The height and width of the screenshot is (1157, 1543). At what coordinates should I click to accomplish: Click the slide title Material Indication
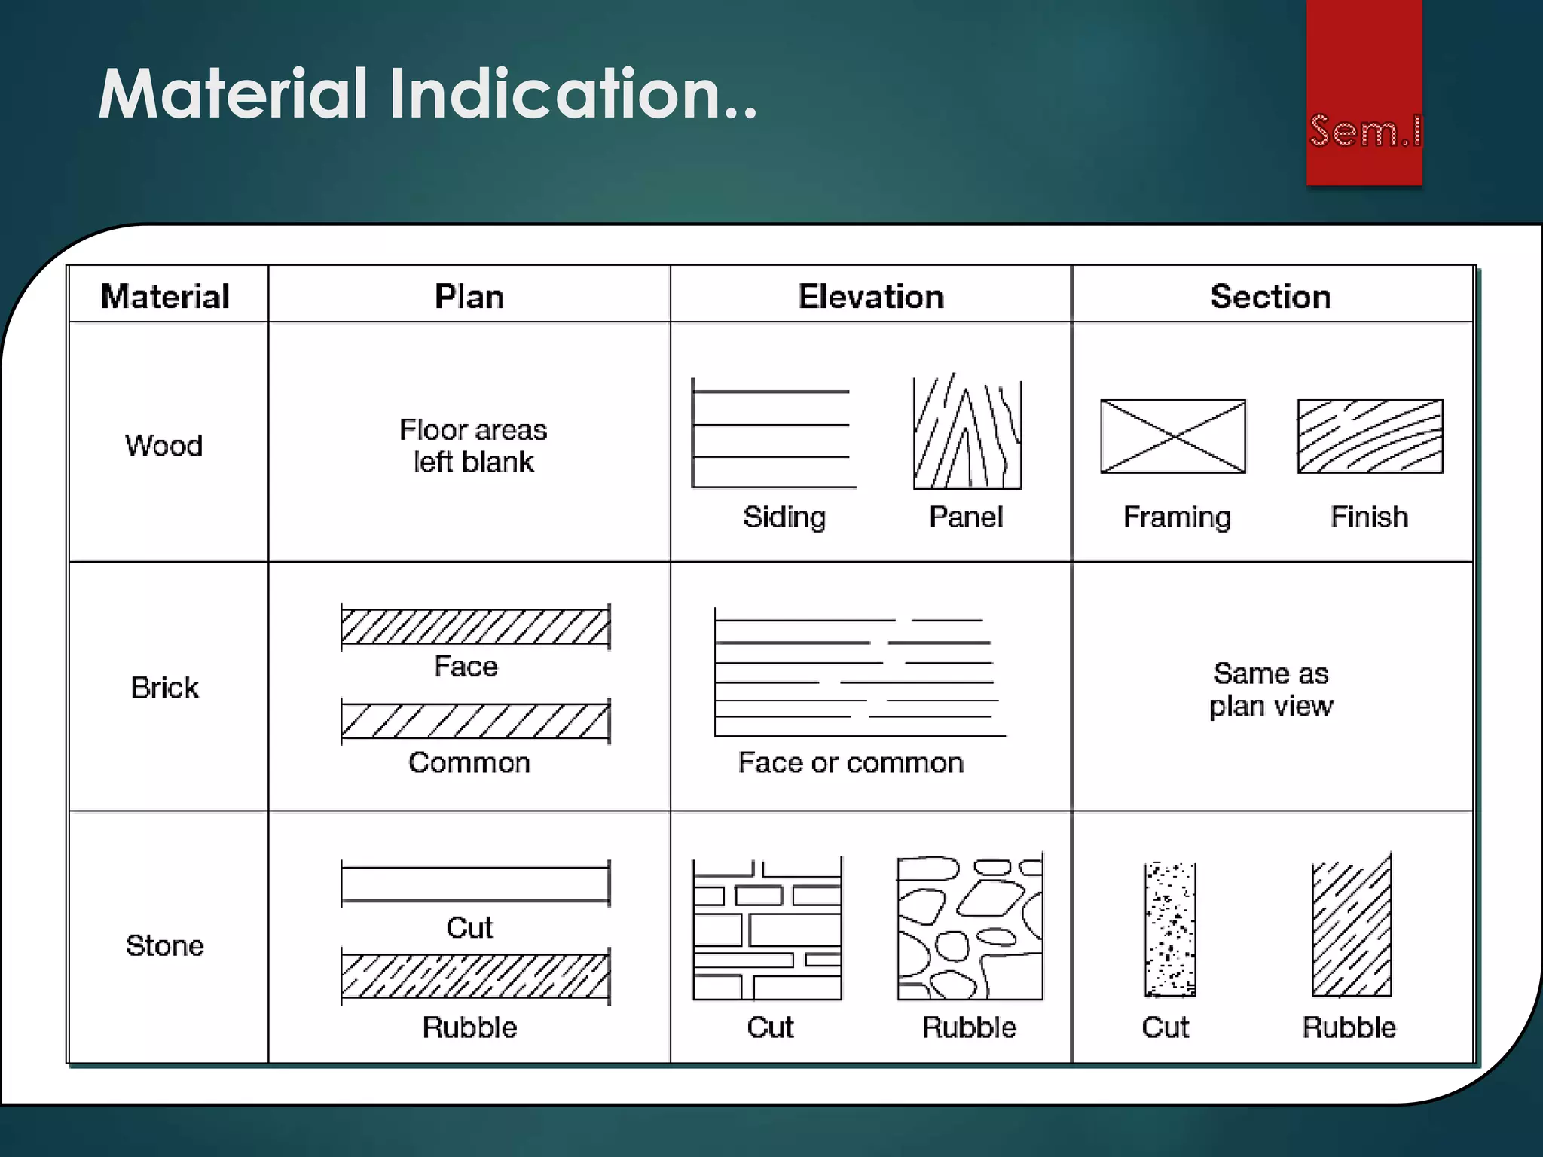coord(427,94)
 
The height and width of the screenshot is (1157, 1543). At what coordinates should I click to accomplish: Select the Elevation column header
coord(870,296)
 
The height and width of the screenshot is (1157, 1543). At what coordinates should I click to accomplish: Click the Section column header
coord(1270,296)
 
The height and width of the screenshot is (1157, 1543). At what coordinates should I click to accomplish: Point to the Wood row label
coord(164,445)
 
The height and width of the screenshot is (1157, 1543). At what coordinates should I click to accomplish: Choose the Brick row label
coord(164,688)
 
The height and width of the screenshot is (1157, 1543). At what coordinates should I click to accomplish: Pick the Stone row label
coord(164,945)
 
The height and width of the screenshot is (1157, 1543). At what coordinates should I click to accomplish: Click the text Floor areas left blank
coord(473,445)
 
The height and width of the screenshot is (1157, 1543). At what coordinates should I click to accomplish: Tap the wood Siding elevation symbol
coord(772,435)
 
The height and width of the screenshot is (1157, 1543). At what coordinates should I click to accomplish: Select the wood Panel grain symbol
coord(967,433)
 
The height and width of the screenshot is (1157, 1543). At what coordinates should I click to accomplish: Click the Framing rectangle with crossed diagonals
coord(1173,436)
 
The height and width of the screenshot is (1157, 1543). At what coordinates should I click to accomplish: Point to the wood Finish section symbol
coord(1370,436)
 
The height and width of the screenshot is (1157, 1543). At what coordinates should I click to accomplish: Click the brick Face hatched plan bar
coord(475,627)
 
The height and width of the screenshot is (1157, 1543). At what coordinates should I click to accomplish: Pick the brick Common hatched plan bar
coord(475,721)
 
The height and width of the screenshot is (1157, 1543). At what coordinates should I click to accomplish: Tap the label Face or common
coord(851,762)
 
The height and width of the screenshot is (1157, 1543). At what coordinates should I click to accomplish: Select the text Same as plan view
coord(1271,689)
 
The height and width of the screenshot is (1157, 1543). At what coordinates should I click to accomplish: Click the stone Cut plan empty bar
coord(475,884)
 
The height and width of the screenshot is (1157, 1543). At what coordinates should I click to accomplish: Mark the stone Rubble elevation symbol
coord(970,928)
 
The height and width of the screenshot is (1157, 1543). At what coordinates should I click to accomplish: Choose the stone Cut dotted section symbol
coord(1170,930)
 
